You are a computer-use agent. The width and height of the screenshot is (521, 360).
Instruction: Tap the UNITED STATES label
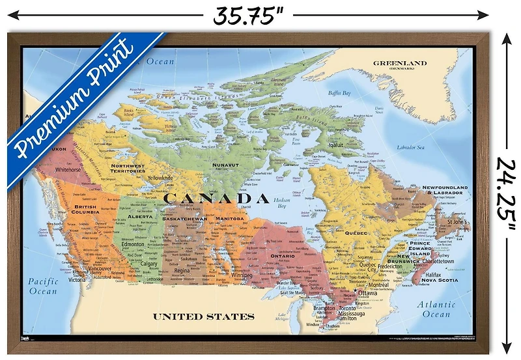[x=203, y=317]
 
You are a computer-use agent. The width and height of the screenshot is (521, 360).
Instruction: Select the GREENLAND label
[x=399, y=64]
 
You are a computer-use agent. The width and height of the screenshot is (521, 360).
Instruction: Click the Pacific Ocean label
[x=43, y=286]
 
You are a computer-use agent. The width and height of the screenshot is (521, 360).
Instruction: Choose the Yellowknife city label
[x=160, y=178]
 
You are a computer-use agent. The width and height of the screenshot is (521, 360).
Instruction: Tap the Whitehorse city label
[x=68, y=169]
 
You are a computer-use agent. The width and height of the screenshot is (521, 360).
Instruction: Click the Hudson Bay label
[x=282, y=202]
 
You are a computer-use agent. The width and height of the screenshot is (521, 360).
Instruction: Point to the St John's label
[x=458, y=223]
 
